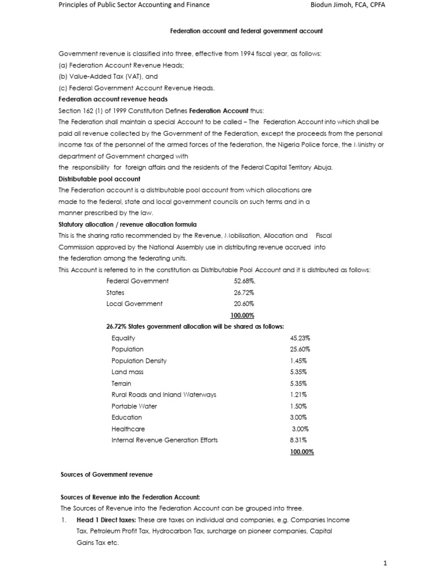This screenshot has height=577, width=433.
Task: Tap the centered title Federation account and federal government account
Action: tap(246, 31)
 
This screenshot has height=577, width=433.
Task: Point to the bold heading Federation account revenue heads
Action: tap(105, 99)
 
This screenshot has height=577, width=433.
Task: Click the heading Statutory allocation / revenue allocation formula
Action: tap(128, 224)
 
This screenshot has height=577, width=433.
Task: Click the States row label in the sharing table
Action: tap(115, 292)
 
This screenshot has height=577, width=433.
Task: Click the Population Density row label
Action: tap(139, 361)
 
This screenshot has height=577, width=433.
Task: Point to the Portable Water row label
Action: tap(134, 406)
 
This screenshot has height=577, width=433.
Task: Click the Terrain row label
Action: tap(121, 383)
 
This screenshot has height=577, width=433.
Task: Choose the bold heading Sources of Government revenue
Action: tap(107, 474)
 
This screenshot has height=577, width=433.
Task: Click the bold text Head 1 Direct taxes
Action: tap(104, 520)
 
